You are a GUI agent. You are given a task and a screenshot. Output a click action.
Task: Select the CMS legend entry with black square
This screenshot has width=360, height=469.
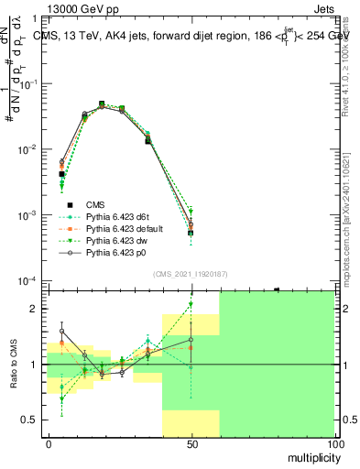point(96,204)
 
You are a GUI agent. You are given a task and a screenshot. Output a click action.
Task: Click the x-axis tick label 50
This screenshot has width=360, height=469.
point(191,443)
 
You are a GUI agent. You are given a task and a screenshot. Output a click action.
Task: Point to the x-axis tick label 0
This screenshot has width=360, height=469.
point(49,443)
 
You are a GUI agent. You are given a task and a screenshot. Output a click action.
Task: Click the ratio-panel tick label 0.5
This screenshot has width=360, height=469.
point(33,420)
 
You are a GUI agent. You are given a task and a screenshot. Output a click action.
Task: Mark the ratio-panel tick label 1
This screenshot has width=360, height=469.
point(38,365)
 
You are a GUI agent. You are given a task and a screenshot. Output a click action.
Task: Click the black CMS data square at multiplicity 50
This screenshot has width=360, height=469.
point(191,233)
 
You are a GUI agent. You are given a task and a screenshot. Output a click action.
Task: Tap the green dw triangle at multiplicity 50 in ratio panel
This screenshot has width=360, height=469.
point(191,305)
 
